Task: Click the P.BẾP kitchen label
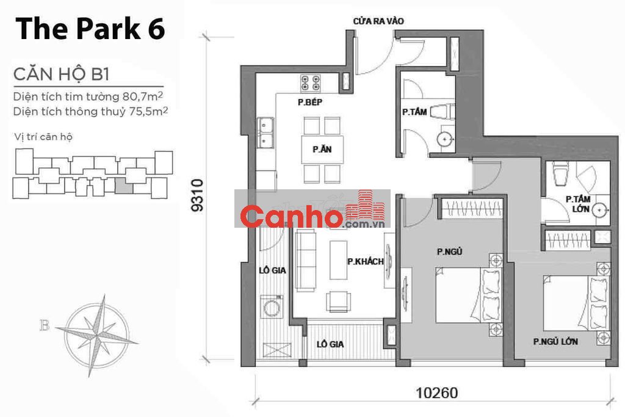pos(309,103)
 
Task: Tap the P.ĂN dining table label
pos(322,150)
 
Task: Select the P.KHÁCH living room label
pos(365,261)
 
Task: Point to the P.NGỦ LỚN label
pos(555,342)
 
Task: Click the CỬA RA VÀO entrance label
pos(378,21)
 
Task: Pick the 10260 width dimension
pos(437,393)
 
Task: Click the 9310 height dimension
pos(197,195)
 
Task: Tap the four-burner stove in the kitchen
pos(311,83)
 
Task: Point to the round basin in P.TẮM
pos(444,139)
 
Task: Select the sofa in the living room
pos(306,261)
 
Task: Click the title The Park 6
pos(90,29)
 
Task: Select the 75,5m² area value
pos(148,111)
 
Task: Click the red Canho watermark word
pos(291,217)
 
